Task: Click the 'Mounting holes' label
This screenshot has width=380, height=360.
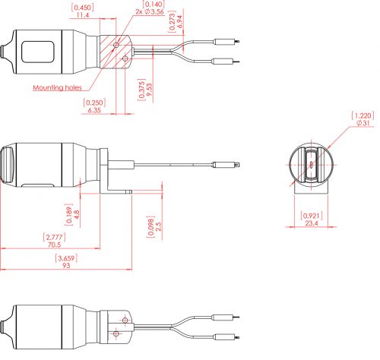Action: coord(58,87)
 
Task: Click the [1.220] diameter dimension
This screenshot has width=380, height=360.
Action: coord(362,115)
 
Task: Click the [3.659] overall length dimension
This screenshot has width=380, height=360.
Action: coord(66,258)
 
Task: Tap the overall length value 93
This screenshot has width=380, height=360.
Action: coord(66,267)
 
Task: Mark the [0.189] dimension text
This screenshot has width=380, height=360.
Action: coord(67,210)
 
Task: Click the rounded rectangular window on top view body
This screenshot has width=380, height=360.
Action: coord(38,52)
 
